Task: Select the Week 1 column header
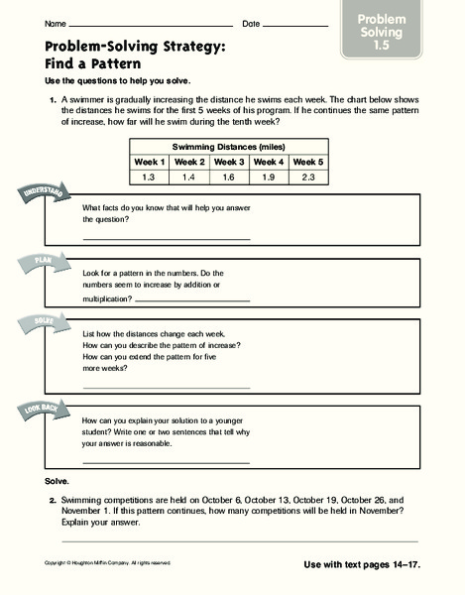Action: (x=151, y=162)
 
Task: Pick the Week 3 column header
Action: (x=230, y=162)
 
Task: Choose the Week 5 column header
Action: (x=308, y=162)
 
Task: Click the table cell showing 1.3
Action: (x=151, y=177)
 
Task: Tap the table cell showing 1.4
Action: (x=190, y=177)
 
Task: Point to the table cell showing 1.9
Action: (x=269, y=177)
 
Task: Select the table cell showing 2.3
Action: (x=308, y=177)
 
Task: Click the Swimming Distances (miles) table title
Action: (x=229, y=146)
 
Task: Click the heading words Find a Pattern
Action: (x=92, y=61)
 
